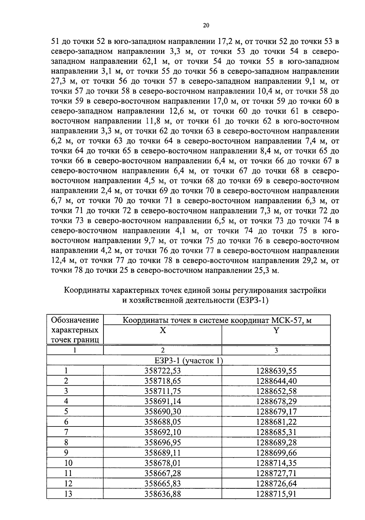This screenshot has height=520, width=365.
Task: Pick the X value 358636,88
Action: coord(162,494)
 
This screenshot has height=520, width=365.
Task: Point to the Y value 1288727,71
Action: coord(276,473)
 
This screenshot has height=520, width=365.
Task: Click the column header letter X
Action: coord(163,331)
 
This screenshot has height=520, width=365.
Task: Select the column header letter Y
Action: coord(276,331)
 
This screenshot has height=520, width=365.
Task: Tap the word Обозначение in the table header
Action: coord(75,320)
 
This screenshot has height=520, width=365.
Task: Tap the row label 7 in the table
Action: coord(66,432)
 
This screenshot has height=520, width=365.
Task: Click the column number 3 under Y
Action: coord(276,350)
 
